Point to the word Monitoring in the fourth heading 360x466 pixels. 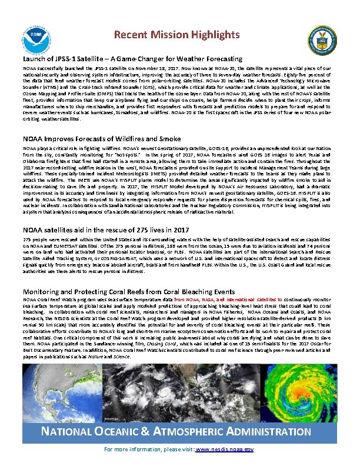pos(42,291)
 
